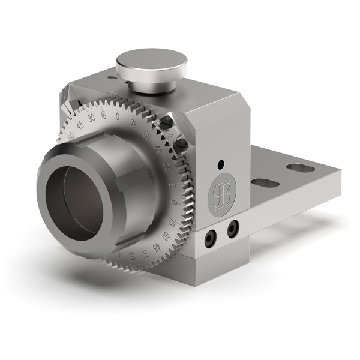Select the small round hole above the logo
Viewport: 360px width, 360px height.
(x=221, y=163)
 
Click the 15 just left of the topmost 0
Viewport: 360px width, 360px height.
(x=104, y=115)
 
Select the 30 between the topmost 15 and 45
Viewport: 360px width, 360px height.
(x=91, y=117)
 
